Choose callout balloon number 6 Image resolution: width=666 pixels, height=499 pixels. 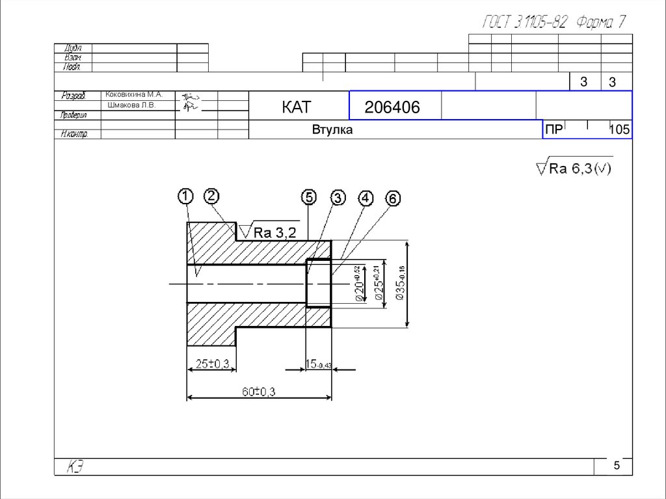coord(392,198)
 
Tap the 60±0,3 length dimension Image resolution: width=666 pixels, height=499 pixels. coord(260,392)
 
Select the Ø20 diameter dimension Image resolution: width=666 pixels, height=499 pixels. coord(357,284)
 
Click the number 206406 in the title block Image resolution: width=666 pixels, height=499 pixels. coord(392,107)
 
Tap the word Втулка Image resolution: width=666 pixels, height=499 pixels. coord(332,130)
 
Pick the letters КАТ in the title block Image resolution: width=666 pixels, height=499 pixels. coord(297,107)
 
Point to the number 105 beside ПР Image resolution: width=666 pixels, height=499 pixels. coord(619,130)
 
